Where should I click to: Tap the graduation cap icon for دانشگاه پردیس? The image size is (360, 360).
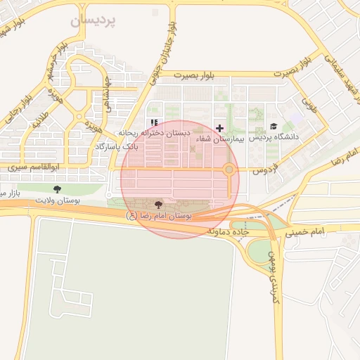[273, 126]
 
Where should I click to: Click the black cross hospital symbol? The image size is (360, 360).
[220, 128]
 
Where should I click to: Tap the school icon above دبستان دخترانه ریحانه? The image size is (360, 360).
[155, 122]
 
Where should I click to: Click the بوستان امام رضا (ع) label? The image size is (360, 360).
[159, 214]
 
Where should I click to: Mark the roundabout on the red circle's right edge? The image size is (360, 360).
[229, 169]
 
